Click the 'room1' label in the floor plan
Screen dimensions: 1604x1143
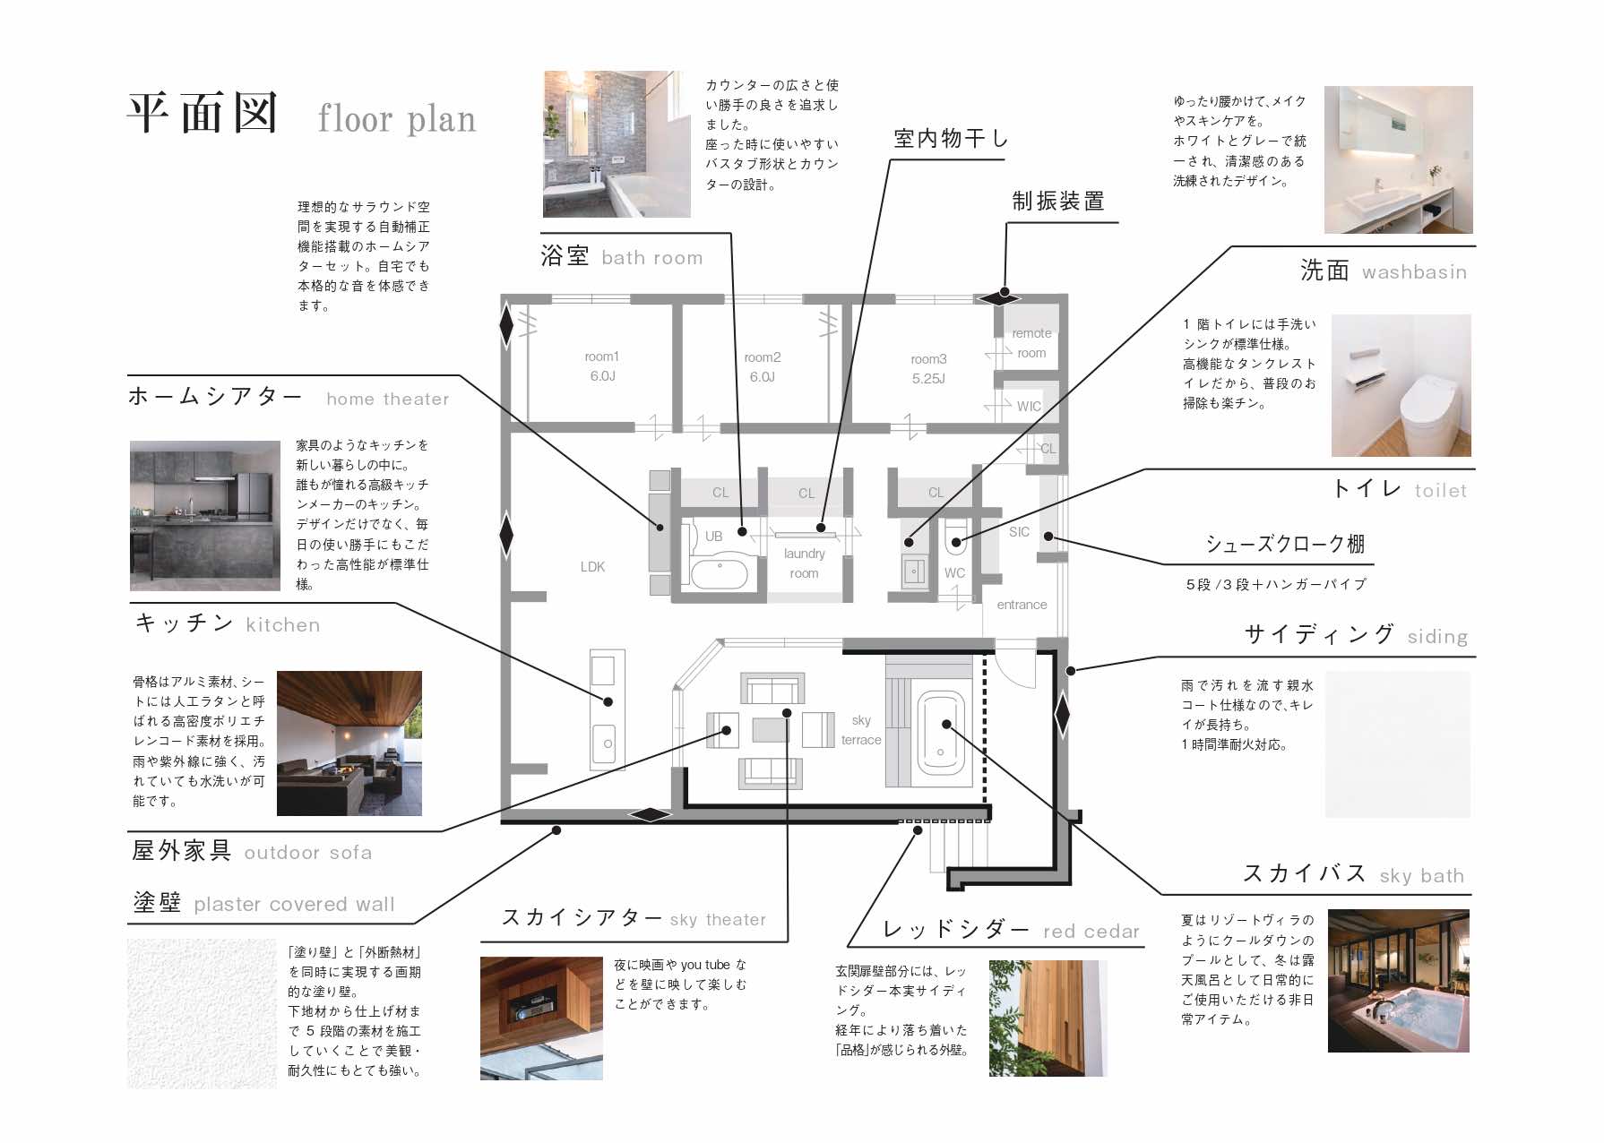601,357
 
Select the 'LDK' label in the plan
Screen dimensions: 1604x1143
592,567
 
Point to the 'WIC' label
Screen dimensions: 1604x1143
1029,407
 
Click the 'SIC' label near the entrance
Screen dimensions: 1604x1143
1019,532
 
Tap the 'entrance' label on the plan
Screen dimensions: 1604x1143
1022,605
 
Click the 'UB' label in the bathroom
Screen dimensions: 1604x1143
713,537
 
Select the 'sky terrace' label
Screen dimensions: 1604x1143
861,730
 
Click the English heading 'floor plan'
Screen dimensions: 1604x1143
397,119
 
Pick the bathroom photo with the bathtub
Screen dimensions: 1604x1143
617,144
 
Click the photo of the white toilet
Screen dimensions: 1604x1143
1401,385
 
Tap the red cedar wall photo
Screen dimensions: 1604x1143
1048,1018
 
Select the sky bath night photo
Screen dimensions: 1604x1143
1398,981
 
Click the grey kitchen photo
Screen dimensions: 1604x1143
205,516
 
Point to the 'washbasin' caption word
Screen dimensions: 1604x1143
1414,272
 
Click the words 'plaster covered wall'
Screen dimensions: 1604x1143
294,905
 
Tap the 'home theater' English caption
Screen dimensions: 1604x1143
388,400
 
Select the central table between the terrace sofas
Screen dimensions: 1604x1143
770,730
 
